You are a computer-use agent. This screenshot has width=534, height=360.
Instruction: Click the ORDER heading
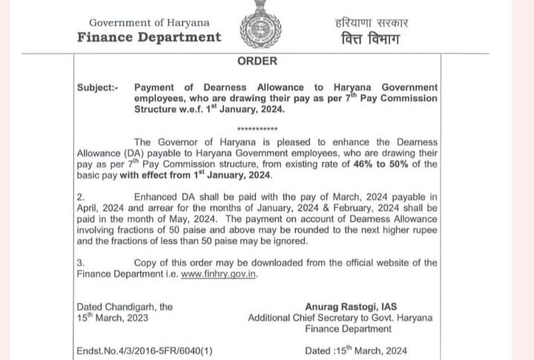coord(258,61)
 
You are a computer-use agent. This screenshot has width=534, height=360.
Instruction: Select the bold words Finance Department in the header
coord(149,37)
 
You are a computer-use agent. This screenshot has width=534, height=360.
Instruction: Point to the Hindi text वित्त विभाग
coord(366,38)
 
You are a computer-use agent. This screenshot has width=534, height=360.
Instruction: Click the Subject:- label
coord(97,88)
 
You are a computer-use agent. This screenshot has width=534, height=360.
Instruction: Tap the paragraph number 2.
coord(81,197)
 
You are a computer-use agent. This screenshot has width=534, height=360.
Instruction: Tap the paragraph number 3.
coord(81,263)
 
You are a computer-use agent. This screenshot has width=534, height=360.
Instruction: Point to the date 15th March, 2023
coord(113,318)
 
